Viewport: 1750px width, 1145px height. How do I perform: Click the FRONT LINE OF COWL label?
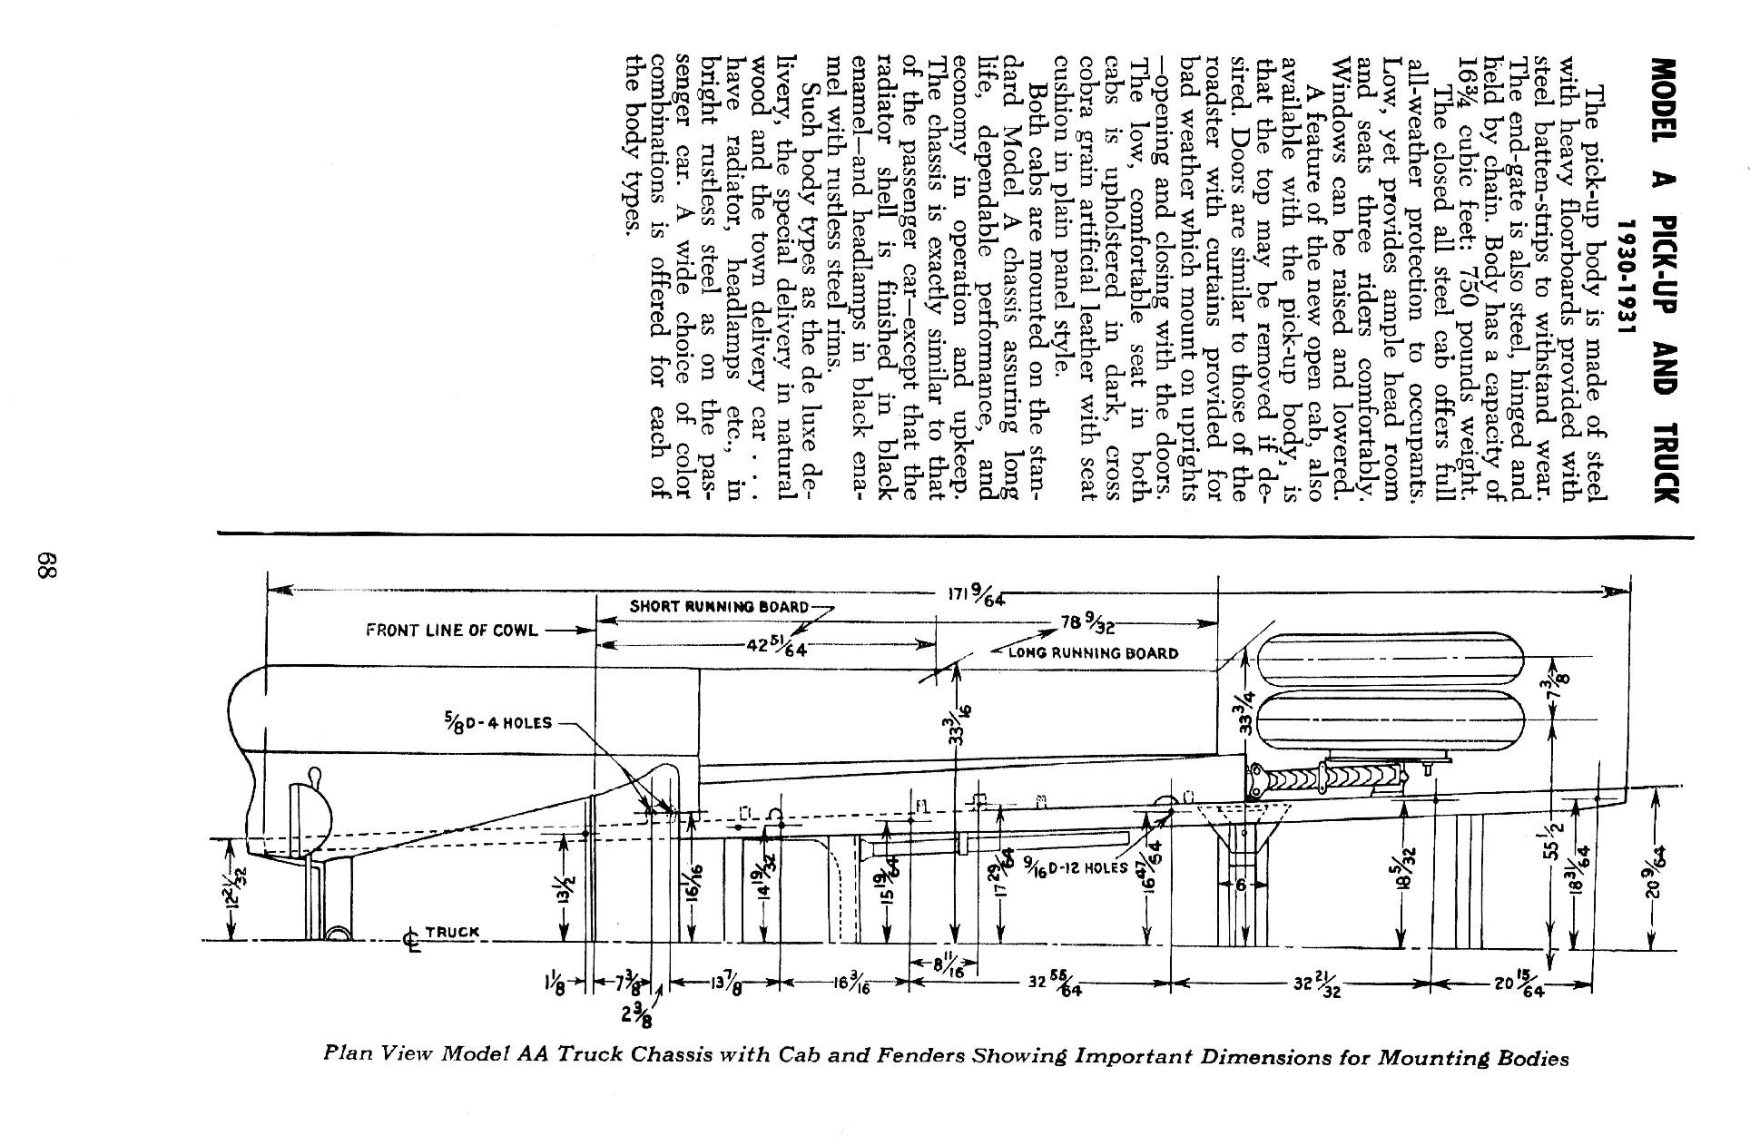(451, 630)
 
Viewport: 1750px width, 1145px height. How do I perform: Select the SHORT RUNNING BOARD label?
(718, 606)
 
